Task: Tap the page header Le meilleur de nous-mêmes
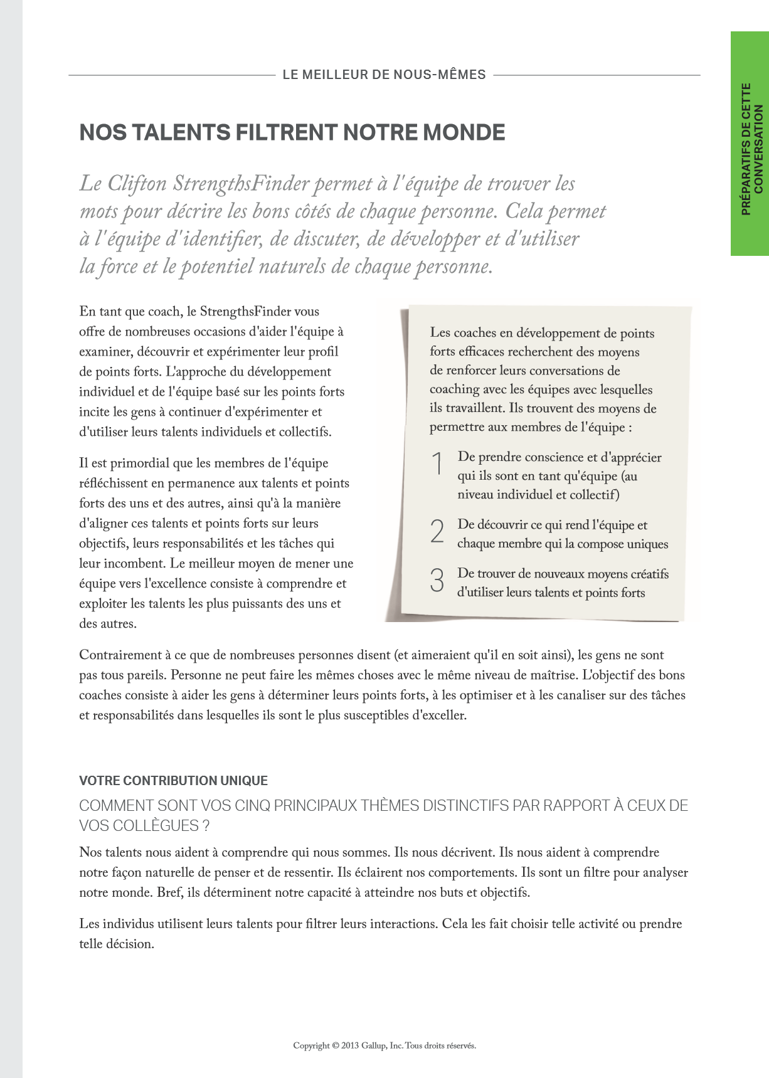pos(384,75)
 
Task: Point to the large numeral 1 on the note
pos(438,464)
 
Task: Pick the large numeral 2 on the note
pos(437,532)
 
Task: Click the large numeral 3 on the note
pos(437,580)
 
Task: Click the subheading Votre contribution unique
pos(173,781)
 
